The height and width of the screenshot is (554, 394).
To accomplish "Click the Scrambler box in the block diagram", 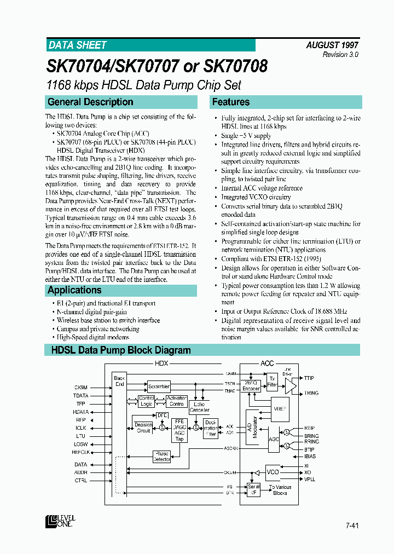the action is pyautogui.click(x=159, y=386).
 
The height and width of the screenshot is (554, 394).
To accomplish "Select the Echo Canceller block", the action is pyautogui.click(x=199, y=407).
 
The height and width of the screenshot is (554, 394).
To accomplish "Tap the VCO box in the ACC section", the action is pyautogui.click(x=273, y=472).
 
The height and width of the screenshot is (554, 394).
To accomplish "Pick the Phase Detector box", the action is pyautogui.click(x=162, y=457).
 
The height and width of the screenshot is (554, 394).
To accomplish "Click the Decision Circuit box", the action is pyautogui.click(x=143, y=428).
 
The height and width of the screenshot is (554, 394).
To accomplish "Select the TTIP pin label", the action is pyautogui.click(x=309, y=378).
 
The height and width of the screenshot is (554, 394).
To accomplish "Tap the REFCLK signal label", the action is pyautogui.click(x=80, y=452).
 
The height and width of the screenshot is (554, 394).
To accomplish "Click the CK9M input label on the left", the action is pyautogui.click(x=80, y=387).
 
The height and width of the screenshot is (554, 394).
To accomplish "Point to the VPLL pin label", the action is pyautogui.click(x=310, y=480).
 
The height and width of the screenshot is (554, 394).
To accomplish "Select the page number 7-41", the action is pyautogui.click(x=352, y=526).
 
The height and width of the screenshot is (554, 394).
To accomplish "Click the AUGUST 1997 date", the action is pyautogui.click(x=332, y=46).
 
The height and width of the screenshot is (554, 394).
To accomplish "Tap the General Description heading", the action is pyautogui.click(x=90, y=102).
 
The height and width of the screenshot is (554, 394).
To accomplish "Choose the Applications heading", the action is pyautogui.click(x=74, y=290).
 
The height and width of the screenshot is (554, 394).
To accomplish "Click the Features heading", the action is pyautogui.click(x=231, y=102).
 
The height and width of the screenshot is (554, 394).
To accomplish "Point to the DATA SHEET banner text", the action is pyautogui.click(x=77, y=45).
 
